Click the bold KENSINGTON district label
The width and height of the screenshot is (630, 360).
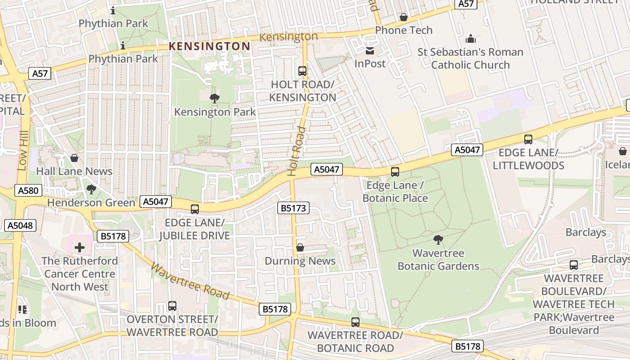pyautogui.click(x=209, y=46)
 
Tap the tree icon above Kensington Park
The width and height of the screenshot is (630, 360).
pyautogui.click(x=215, y=98)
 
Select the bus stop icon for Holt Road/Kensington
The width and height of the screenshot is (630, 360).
pyautogui.click(x=302, y=71)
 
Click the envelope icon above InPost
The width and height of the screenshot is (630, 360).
pyautogui.click(x=370, y=50)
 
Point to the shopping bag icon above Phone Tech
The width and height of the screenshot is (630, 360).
pyautogui.click(x=404, y=17)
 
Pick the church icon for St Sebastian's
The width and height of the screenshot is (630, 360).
pyautogui.click(x=471, y=39)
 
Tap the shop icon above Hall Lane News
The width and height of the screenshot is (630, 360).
pyautogui.click(x=74, y=158)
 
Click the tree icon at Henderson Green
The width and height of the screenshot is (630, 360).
pyautogui.click(x=91, y=189)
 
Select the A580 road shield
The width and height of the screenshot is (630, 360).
pyautogui.click(x=28, y=190)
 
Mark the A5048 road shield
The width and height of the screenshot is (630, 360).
pyautogui.click(x=21, y=225)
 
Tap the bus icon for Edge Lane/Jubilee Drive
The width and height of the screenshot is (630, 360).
pyautogui.click(x=195, y=209)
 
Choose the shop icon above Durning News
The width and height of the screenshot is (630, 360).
pyautogui.click(x=300, y=247)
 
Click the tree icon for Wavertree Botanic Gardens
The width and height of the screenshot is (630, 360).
pyautogui.click(x=438, y=239)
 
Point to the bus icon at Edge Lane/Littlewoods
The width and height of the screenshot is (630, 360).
pyautogui.click(x=528, y=139)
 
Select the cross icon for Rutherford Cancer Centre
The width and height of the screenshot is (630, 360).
pyautogui.click(x=80, y=247)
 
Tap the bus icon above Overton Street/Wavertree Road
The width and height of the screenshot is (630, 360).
pyautogui.click(x=172, y=306)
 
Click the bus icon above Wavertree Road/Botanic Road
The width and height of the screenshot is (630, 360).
pyautogui.click(x=355, y=322)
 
